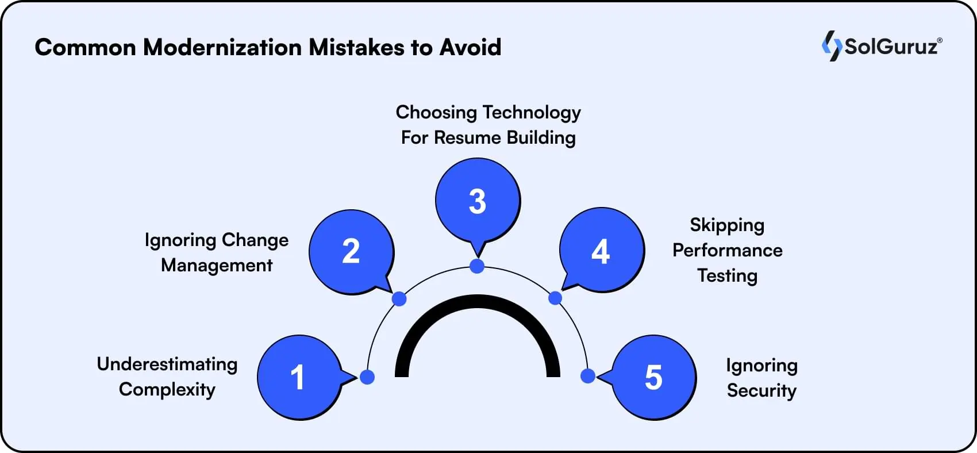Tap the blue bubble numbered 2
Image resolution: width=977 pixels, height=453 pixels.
tap(351, 252)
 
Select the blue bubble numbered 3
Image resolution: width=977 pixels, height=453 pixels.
tap(478, 201)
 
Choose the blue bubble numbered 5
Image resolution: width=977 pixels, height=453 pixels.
tap(654, 377)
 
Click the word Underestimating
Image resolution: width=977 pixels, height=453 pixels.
tap(167, 364)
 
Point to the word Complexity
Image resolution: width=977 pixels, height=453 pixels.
tap(167, 389)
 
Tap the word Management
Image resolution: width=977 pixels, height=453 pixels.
tap(217, 265)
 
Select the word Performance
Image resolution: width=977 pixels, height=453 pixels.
tap(727, 250)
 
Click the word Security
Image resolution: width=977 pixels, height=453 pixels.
tap(761, 390)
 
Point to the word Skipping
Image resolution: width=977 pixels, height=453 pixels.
tap(727, 225)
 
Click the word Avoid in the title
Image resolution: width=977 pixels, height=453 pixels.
tap(470, 47)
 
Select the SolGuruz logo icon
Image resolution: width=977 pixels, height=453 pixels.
tap(831, 45)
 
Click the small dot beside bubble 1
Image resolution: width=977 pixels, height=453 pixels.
tap(367, 377)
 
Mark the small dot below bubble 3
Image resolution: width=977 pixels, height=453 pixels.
tap(477, 266)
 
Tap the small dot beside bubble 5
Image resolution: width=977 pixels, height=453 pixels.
tap(587, 376)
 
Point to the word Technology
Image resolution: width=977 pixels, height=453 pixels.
tap(532, 113)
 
